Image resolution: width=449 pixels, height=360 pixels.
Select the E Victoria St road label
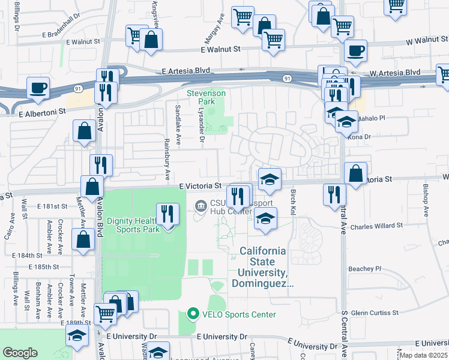(x=200, y=187)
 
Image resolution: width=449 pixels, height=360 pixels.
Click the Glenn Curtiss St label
(x=375, y=313)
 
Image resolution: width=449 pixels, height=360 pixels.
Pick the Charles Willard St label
(x=376, y=227)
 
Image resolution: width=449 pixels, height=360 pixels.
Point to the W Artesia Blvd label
(x=395, y=73)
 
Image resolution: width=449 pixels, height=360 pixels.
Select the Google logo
(x=20, y=353)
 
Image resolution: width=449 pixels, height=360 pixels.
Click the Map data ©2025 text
(x=423, y=355)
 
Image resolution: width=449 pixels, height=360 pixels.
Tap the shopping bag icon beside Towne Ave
(x=82, y=239)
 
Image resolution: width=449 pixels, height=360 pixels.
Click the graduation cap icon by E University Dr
(x=78, y=336)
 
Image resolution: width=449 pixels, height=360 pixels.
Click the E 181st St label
(x=52, y=206)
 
